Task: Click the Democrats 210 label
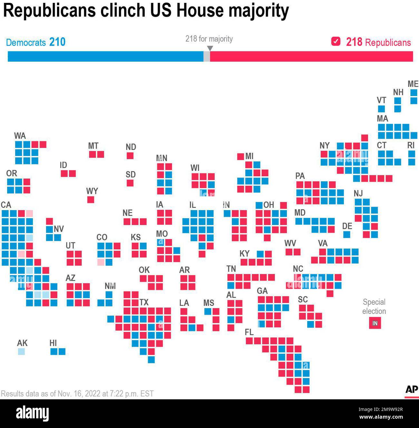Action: tap(36, 42)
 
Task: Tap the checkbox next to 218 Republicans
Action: tap(336, 42)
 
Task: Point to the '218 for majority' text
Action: tap(209, 39)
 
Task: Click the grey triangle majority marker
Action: tap(210, 48)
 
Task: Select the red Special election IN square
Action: tap(375, 323)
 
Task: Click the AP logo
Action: tap(411, 390)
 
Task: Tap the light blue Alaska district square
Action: tap(21, 351)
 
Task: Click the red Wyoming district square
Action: tap(91, 199)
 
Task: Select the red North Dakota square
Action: tap(130, 156)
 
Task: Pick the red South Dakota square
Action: tap(130, 183)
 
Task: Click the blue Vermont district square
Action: tap(381, 109)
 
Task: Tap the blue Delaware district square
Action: tap(346, 234)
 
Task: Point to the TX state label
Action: tap(144, 302)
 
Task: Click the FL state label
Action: tap(249, 332)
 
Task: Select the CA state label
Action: tap(6, 205)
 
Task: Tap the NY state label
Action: tap(325, 146)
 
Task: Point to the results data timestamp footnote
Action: tap(77, 394)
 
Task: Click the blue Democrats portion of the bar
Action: tap(105, 56)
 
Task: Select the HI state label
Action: tap(53, 343)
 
